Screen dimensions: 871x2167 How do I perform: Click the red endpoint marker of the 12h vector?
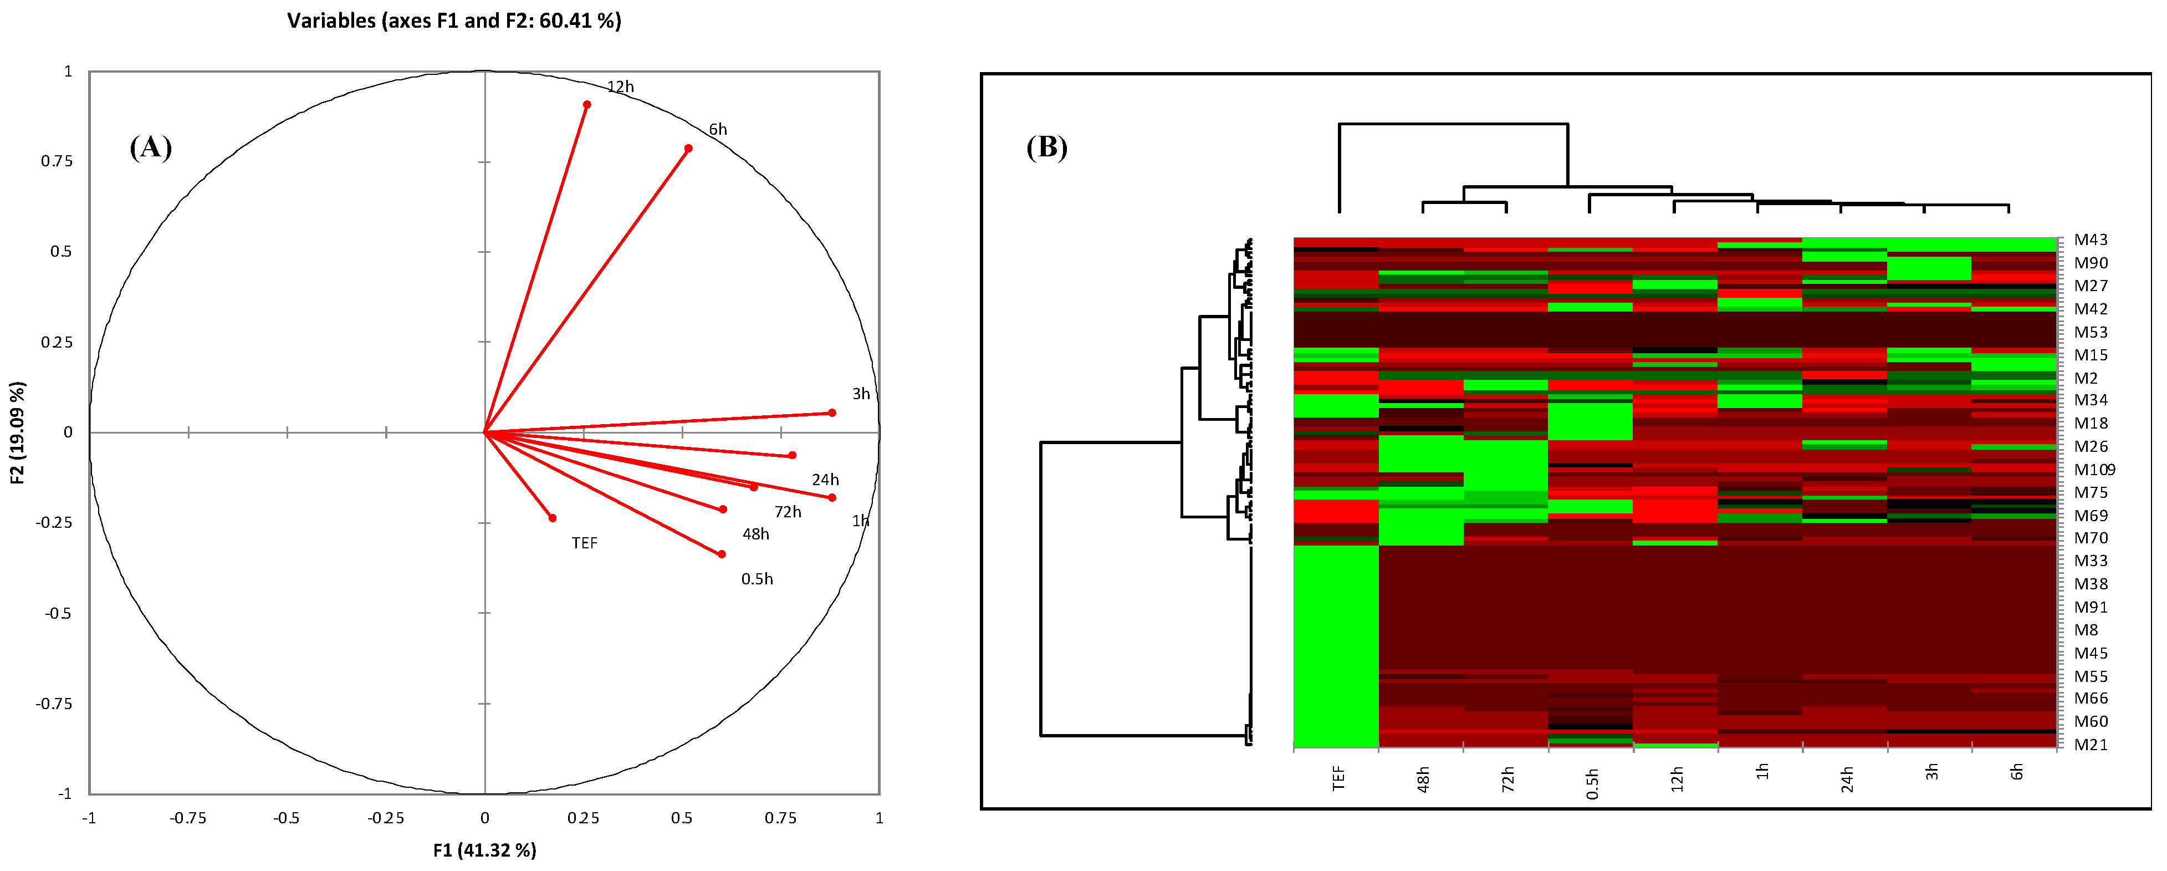(x=586, y=104)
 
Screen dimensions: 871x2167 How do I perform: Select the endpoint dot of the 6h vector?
(x=688, y=148)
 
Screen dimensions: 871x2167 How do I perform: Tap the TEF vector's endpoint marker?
(x=552, y=517)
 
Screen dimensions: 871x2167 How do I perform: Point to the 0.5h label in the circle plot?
(x=757, y=579)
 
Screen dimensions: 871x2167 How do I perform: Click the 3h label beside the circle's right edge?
(x=861, y=394)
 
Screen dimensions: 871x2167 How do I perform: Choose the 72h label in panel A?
(x=788, y=512)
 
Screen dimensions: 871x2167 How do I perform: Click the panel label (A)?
(x=151, y=147)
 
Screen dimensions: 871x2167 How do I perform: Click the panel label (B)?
(x=1046, y=147)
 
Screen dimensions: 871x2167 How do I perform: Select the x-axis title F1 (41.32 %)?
(x=484, y=850)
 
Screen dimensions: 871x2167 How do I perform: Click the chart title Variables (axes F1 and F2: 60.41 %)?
(x=454, y=20)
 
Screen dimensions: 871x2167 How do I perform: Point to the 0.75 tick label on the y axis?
(x=57, y=161)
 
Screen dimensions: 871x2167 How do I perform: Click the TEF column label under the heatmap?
(x=1338, y=778)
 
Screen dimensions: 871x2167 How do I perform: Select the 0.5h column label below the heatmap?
(x=1592, y=783)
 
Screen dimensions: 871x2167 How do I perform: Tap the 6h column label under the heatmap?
(x=2016, y=772)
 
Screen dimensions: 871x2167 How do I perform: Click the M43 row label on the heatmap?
(x=2091, y=240)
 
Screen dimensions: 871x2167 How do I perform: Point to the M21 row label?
(x=2091, y=744)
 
